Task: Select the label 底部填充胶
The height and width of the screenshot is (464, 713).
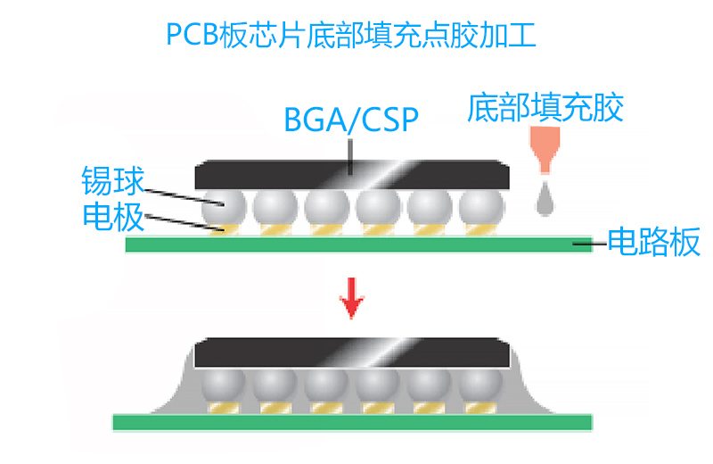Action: [545, 108]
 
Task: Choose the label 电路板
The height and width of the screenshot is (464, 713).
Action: [654, 242]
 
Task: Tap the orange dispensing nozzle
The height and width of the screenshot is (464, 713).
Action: [545, 147]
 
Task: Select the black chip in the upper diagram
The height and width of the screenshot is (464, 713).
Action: [352, 174]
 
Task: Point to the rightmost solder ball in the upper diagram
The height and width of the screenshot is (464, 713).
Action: [481, 209]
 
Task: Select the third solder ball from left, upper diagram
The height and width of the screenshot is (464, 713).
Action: [326, 209]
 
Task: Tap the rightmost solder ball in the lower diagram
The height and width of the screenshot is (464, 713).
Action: [482, 385]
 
